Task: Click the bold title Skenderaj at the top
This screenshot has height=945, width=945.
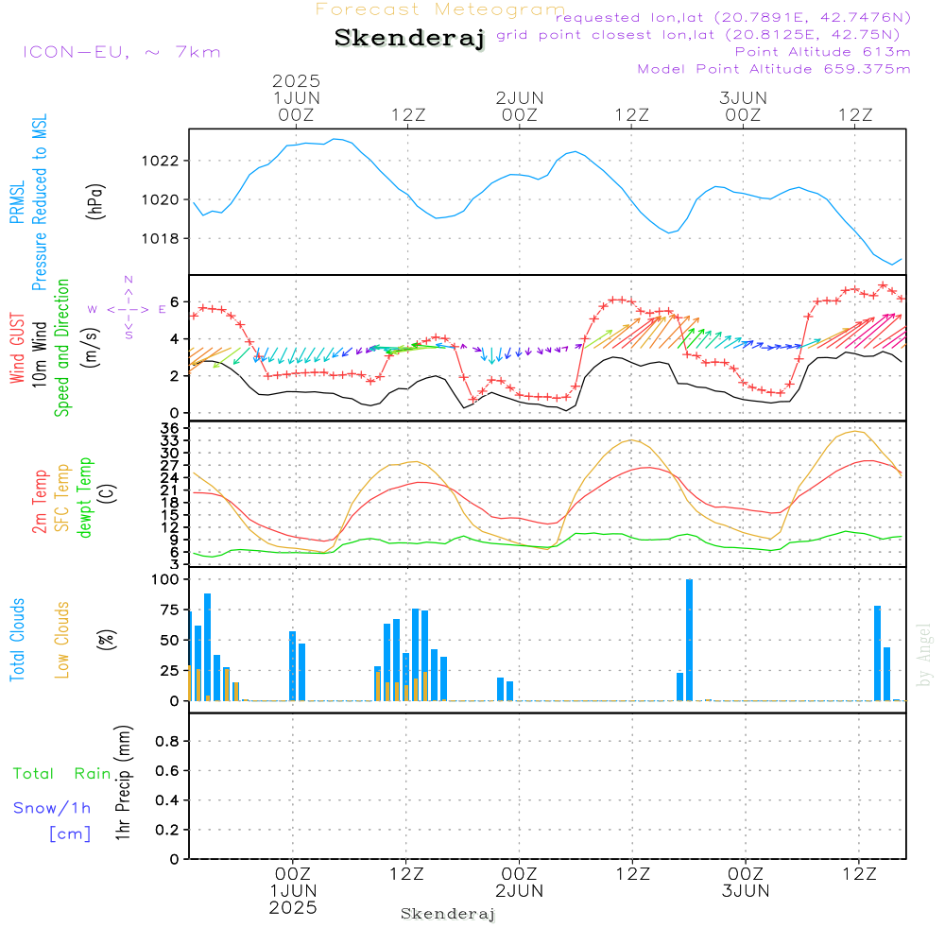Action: (409, 38)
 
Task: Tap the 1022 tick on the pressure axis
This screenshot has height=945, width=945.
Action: (160, 161)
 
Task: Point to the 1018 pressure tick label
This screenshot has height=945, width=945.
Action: (160, 239)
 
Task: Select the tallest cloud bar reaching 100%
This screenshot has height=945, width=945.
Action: (690, 640)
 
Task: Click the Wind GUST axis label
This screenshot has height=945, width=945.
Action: (17, 349)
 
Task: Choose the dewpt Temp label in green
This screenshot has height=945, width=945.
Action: (85, 497)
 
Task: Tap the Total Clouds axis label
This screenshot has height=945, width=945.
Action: (17, 640)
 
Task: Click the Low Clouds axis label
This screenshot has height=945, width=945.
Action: (62, 640)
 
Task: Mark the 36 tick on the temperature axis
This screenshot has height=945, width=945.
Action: (170, 428)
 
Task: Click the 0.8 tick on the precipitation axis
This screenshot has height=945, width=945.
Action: (167, 741)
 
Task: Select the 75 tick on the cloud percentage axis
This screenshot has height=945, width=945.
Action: (169, 610)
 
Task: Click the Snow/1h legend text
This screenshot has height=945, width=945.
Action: (52, 808)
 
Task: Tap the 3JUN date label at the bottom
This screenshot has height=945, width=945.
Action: (746, 891)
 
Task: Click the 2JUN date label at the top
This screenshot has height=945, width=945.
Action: (520, 97)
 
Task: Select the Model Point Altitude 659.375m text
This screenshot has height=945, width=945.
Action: (774, 69)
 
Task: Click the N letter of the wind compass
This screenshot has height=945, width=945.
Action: (129, 280)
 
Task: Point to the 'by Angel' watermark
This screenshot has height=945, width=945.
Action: (924, 655)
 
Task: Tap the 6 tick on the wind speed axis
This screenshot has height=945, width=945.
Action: (175, 302)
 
